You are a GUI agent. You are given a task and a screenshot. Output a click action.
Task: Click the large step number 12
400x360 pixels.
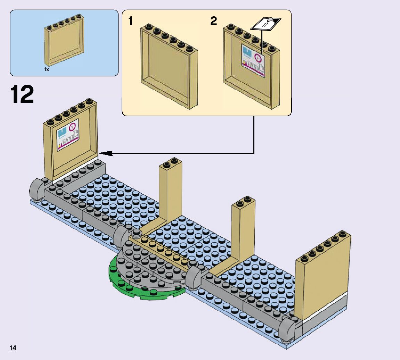click(22, 94)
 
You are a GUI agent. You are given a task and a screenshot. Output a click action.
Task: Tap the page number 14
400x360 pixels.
click(13, 348)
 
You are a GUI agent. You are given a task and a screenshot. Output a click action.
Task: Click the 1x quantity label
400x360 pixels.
click(47, 70)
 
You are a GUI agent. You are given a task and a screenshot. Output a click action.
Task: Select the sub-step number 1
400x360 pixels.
click(130, 22)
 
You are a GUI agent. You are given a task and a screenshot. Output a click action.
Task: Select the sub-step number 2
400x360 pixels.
click(214, 22)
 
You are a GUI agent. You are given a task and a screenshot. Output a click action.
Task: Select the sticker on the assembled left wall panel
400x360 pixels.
click(68, 135)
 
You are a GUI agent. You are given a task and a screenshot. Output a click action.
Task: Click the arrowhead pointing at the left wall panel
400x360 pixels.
click(104, 153)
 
